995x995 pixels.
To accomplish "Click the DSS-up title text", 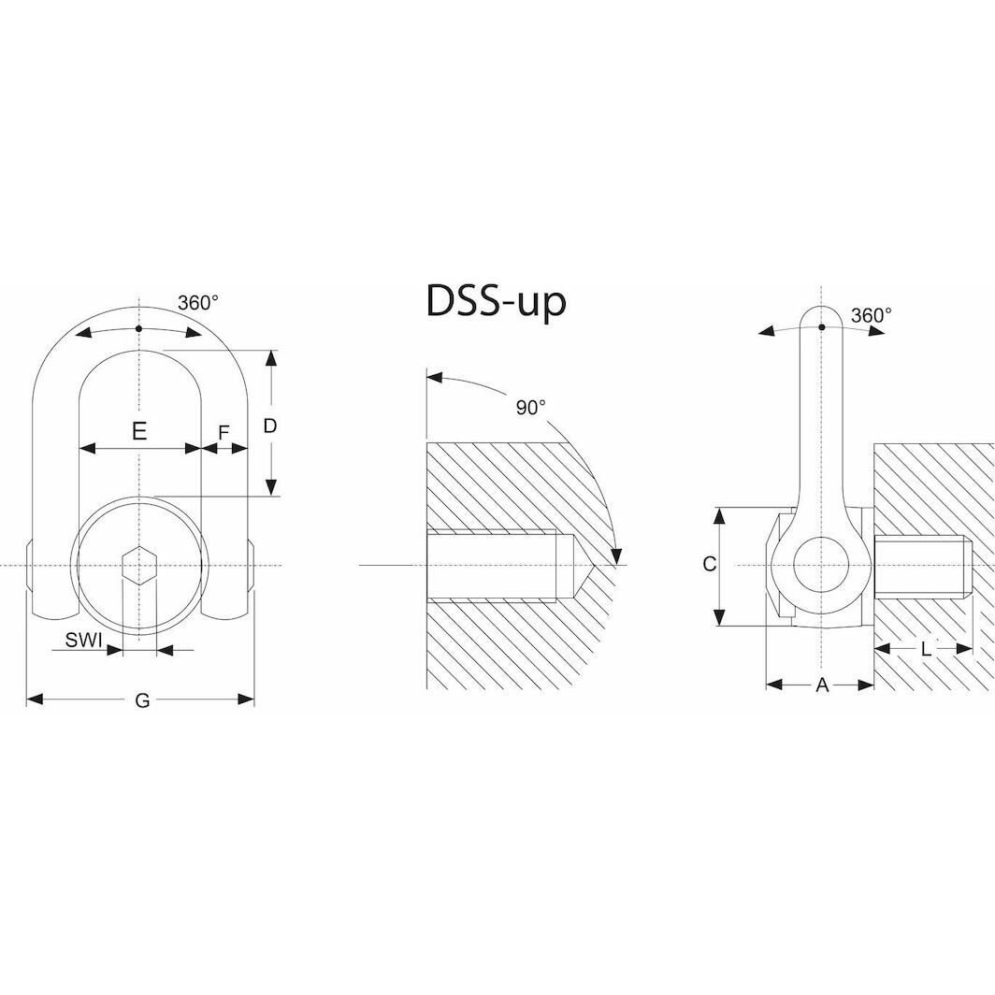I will click(496, 301).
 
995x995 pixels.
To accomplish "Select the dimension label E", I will click(138, 431).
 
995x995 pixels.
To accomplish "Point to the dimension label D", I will click(270, 425).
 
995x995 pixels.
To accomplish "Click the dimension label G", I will click(142, 700).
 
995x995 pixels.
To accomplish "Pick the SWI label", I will click(83, 642).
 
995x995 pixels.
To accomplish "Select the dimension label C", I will click(710, 564).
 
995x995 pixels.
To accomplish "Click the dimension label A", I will click(822, 685).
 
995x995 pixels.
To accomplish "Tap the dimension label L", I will click(926, 648).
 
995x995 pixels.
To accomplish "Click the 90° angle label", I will click(530, 408).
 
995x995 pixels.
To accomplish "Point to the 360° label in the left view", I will click(197, 303).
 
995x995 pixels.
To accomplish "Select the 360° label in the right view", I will click(871, 315).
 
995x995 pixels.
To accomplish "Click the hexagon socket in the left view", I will click(138, 566).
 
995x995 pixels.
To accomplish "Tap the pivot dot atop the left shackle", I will click(138, 328).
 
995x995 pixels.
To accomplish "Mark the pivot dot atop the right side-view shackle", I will click(821, 326).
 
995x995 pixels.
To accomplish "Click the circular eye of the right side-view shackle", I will click(821, 566).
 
